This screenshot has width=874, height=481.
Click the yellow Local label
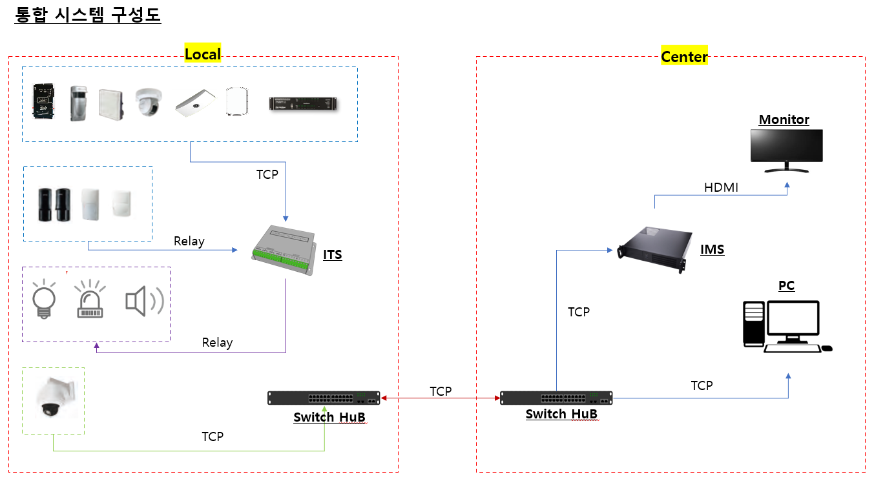click(x=203, y=54)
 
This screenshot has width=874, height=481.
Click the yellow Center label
click(x=684, y=57)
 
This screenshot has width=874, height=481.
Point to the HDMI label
click(x=721, y=187)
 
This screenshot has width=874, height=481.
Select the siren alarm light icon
click(x=90, y=300)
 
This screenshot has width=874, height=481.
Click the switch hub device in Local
click(x=324, y=398)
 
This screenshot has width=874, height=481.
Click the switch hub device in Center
click(x=556, y=398)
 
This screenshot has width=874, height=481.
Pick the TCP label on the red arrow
click(x=441, y=391)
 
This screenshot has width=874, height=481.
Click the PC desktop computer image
click(x=787, y=326)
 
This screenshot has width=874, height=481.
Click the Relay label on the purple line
click(x=217, y=342)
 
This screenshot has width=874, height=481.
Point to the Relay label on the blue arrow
click(x=189, y=241)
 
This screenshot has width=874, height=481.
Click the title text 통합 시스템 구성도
click(x=87, y=14)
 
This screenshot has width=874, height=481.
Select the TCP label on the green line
click(x=213, y=436)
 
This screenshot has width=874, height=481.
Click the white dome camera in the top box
click(x=148, y=102)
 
